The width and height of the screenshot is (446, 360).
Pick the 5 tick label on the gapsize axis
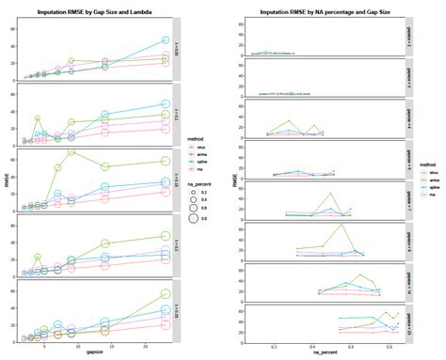tap(43, 343)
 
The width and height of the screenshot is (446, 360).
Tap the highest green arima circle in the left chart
tap(71, 151)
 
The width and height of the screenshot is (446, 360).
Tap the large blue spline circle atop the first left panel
tap(166, 40)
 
